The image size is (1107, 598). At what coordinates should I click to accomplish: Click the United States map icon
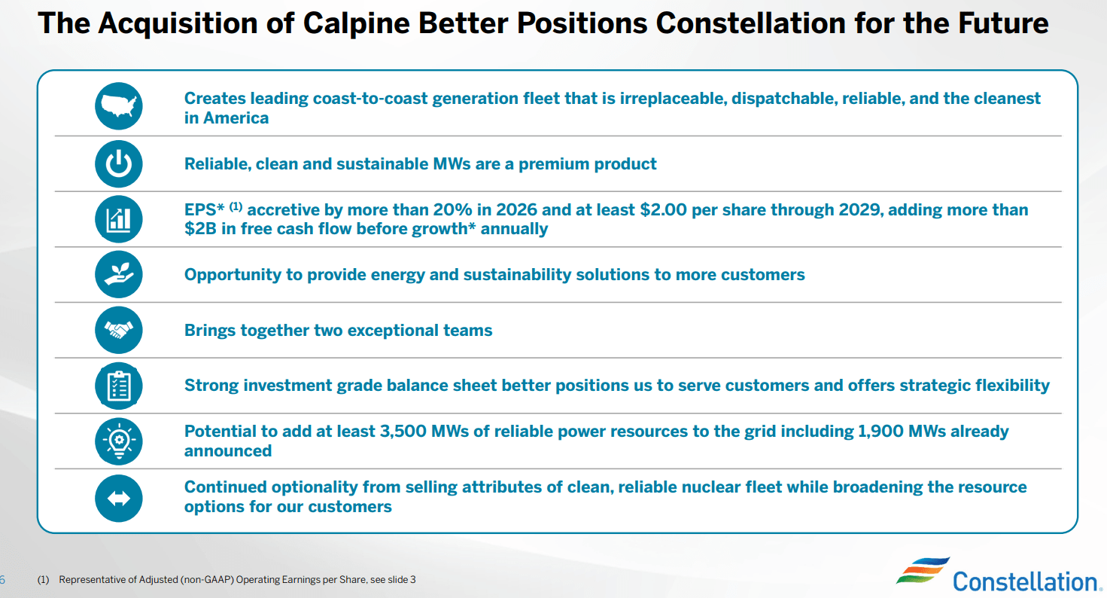coord(118,106)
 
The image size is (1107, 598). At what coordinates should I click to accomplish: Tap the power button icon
coord(118,163)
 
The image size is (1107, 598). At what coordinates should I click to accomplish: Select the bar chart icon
coord(118,219)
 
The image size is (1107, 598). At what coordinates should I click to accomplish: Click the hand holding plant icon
coord(118,275)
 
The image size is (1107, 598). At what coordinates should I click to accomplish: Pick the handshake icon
coord(118,330)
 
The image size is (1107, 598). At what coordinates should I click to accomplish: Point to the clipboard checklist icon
coord(118,386)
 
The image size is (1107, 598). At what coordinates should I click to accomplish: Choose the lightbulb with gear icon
coord(118,441)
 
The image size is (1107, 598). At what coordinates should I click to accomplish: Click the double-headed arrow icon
coord(118,498)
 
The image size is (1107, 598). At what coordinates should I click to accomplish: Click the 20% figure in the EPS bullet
coord(452,209)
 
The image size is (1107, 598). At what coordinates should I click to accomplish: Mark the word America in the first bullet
coord(236,117)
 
